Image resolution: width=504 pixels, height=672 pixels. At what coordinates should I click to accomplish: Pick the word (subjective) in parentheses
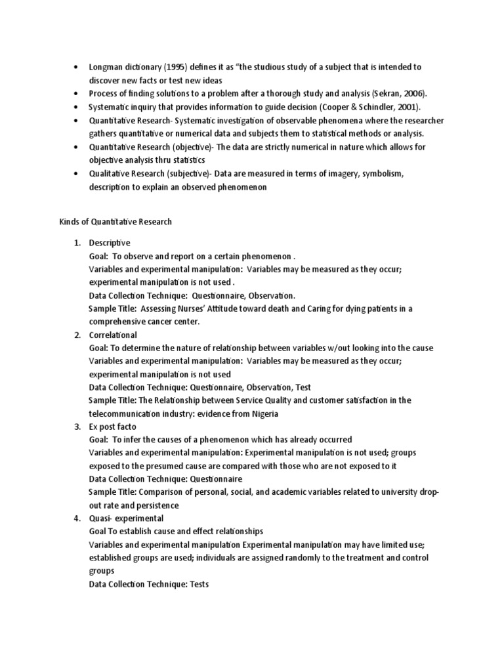click(189, 174)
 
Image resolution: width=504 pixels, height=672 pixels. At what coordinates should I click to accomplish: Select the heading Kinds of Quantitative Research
click(115, 222)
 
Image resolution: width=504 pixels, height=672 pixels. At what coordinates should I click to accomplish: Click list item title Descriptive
click(110, 243)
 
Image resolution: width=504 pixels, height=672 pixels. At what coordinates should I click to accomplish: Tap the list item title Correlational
click(113, 335)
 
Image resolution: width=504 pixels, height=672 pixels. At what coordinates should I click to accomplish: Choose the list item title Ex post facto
click(113, 427)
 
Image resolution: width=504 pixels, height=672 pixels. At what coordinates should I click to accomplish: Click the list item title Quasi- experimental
click(121, 518)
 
